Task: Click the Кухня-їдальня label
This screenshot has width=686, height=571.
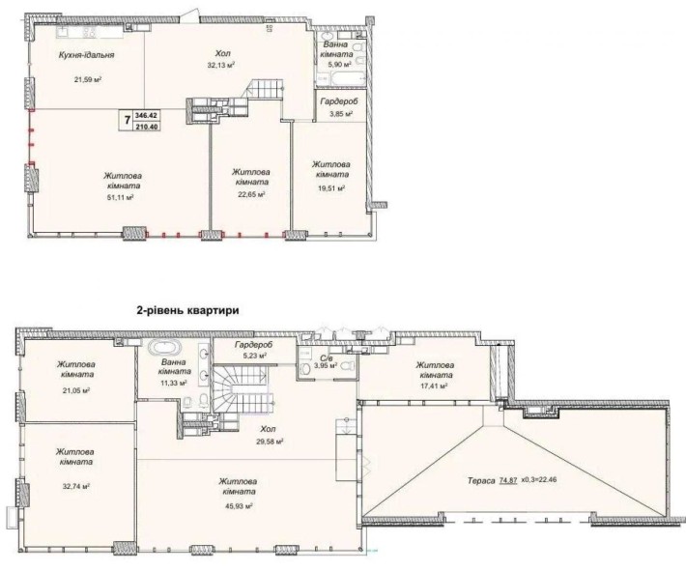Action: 87,55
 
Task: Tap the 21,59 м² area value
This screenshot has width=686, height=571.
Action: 88,79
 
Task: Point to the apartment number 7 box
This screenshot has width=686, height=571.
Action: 128,120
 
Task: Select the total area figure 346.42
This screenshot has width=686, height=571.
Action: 148,115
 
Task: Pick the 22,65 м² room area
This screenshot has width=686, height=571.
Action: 250,194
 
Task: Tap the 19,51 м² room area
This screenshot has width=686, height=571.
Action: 330,187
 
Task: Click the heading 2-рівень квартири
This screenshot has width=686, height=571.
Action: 188,311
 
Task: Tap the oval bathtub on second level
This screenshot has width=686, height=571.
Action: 164,349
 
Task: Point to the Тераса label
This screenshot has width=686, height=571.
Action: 481,480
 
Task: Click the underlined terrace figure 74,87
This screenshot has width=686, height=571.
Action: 508,480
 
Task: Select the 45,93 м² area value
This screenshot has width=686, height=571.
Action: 239,506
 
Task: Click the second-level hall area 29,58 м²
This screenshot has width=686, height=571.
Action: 270,442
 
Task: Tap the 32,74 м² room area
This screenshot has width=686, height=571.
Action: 75,486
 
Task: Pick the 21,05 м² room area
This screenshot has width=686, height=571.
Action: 75,390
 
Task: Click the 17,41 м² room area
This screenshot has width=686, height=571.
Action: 433,386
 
